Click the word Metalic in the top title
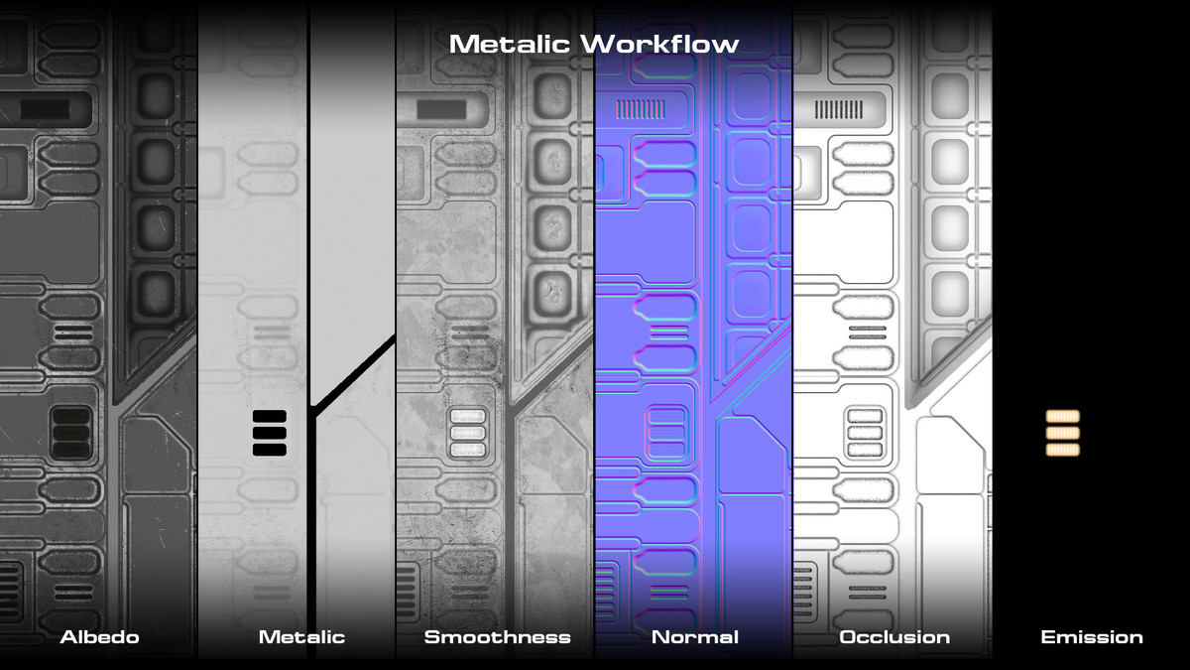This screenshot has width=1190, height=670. pyautogui.click(x=512, y=44)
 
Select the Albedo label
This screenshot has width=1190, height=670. pyautogui.click(x=99, y=637)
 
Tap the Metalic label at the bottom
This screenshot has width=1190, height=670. pyautogui.click(x=301, y=637)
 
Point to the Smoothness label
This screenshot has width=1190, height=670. pyautogui.click(x=497, y=637)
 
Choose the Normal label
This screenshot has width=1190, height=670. pyautogui.click(x=694, y=637)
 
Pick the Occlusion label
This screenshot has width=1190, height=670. pyautogui.click(x=893, y=637)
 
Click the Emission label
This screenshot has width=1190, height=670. pyautogui.click(x=1091, y=637)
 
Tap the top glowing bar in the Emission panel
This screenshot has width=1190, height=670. pyautogui.click(x=1062, y=417)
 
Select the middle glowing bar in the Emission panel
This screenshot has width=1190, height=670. pyautogui.click(x=1062, y=433)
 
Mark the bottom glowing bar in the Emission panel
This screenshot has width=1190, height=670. pyautogui.click(x=1062, y=449)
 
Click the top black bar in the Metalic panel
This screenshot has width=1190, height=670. pyautogui.click(x=270, y=417)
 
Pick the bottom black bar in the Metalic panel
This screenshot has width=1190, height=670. pyautogui.click(x=270, y=450)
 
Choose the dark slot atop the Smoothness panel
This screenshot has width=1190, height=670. pyautogui.click(x=441, y=109)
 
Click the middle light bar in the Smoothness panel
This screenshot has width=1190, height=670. pyautogui.click(x=468, y=434)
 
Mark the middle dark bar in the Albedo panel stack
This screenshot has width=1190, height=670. pyautogui.click(x=70, y=433)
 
